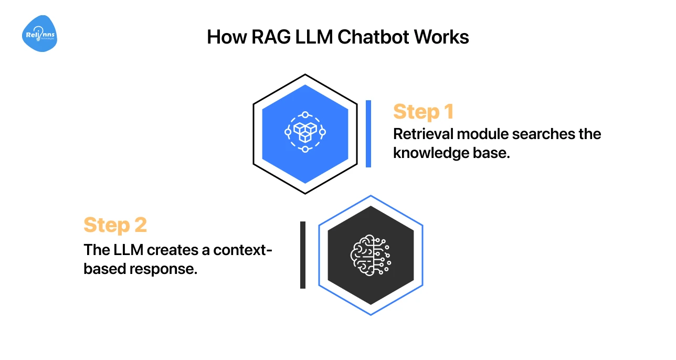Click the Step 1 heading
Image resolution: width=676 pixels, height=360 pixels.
(x=423, y=112)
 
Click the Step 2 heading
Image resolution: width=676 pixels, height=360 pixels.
(x=115, y=225)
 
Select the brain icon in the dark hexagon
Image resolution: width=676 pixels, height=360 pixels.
(x=370, y=255)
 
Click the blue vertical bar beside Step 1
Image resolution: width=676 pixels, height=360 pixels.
(x=368, y=134)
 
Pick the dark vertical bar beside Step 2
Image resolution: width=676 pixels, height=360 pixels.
(x=303, y=255)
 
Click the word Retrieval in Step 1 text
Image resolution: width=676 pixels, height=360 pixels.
(x=423, y=134)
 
